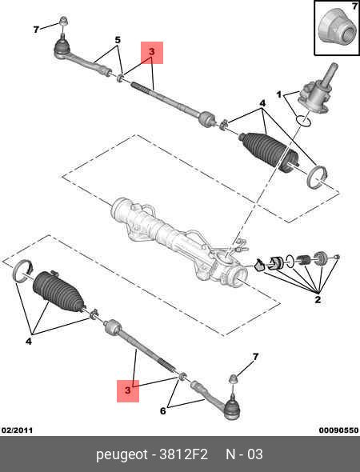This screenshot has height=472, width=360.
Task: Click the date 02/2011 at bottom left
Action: click(x=17, y=430)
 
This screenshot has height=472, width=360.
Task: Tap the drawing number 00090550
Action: click(x=338, y=430)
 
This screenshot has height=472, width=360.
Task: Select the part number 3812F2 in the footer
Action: click(x=183, y=454)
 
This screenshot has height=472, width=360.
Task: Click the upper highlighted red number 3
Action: click(x=152, y=52)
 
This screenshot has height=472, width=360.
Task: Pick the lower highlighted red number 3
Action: click(x=128, y=390)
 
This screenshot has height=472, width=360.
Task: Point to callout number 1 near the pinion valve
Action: click(x=279, y=95)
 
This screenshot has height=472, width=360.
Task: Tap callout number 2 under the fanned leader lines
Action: click(x=318, y=299)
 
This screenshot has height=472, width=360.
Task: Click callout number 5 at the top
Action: click(x=118, y=40)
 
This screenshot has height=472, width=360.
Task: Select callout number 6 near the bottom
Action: click(x=163, y=410)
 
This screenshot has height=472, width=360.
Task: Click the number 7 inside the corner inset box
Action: click(x=354, y=6)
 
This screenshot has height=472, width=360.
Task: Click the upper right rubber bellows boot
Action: click(x=270, y=151)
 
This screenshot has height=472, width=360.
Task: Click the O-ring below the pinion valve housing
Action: click(x=303, y=121)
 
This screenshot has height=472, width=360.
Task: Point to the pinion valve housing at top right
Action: click(x=314, y=94)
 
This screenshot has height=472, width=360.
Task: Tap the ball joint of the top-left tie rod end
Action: click(x=62, y=46)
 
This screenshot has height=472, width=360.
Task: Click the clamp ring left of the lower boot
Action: click(x=23, y=271)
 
